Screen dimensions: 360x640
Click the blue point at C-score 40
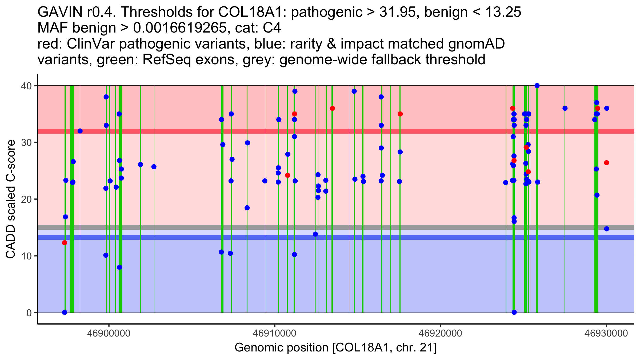click(537, 86)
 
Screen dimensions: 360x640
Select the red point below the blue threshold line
click(65, 243)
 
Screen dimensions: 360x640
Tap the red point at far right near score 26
click(606, 163)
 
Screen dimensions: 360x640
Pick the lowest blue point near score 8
click(119, 267)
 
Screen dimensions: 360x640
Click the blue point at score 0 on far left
click(65, 312)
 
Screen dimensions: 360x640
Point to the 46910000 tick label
click(274, 333)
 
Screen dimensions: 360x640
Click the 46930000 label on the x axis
click(606, 333)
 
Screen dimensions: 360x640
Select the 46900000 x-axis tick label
click(109, 333)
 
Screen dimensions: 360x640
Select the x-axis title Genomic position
click(335, 348)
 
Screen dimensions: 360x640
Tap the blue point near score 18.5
click(247, 208)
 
